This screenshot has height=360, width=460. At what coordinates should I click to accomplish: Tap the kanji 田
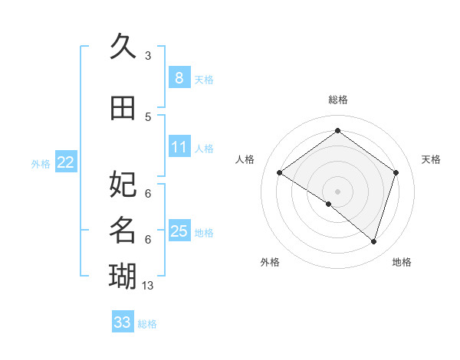click(x=123, y=108)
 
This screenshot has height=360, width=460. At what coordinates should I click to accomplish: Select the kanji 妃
click(x=123, y=184)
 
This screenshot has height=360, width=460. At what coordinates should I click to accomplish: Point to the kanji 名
click(x=123, y=230)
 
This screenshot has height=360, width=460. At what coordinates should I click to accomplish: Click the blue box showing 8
click(x=179, y=77)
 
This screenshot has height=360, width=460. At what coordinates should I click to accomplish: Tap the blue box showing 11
click(x=179, y=147)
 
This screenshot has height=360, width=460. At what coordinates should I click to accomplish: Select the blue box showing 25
click(x=179, y=231)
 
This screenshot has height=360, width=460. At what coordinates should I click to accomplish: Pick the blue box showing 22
click(x=65, y=162)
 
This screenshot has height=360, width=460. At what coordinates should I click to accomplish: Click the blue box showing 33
click(x=122, y=322)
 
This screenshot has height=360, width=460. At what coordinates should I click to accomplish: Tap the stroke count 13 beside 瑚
click(x=148, y=285)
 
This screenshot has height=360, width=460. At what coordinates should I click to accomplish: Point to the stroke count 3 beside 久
click(x=148, y=55)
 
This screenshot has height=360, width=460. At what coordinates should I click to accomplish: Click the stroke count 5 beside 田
click(x=148, y=116)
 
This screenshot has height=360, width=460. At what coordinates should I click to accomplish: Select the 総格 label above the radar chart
click(x=337, y=100)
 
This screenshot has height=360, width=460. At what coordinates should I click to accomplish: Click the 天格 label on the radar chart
click(x=431, y=159)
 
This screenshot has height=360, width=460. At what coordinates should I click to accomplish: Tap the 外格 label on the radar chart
click(x=270, y=262)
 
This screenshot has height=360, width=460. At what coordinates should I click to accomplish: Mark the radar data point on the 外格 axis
click(x=329, y=204)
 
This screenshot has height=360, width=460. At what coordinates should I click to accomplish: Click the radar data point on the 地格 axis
click(x=373, y=241)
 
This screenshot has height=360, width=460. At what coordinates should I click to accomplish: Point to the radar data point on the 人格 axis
click(x=279, y=172)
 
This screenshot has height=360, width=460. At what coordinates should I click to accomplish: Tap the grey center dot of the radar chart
click(x=337, y=191)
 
